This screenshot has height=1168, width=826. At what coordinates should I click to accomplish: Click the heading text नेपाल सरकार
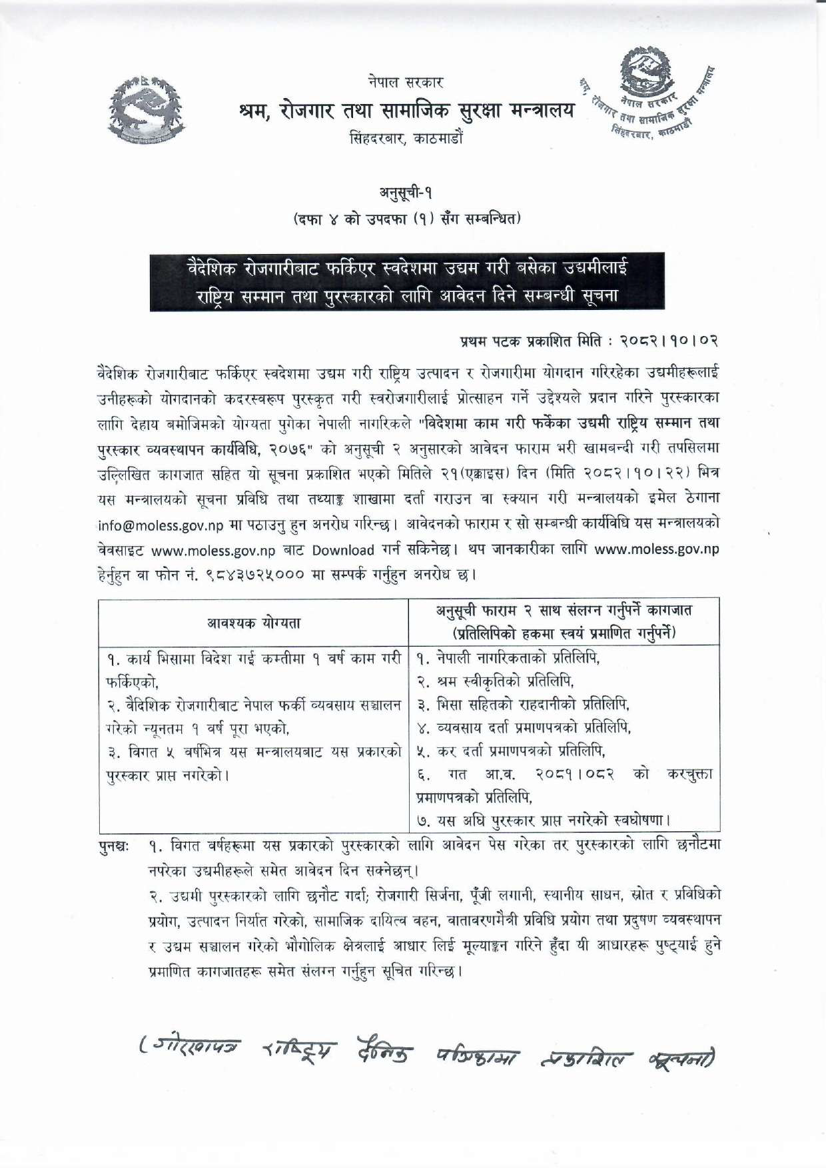pos(405,83)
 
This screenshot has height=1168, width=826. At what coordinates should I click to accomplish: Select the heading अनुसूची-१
pos(406,193)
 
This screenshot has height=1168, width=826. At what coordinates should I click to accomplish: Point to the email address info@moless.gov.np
pos(161,525)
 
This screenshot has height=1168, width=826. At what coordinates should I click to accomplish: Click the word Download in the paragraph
pos(343,550)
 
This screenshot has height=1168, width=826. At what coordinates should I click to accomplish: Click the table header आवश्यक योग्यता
pos(253,623)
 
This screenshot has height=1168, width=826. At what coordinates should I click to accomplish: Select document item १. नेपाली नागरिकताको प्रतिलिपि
pos(508,659)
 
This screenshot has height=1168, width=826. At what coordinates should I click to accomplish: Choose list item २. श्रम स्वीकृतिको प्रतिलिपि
pos(495,681)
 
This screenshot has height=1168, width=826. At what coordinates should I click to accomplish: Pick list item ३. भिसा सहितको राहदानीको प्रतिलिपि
pos(523,704)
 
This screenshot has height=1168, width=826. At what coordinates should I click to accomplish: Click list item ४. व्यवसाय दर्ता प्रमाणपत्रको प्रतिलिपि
pos(524,727)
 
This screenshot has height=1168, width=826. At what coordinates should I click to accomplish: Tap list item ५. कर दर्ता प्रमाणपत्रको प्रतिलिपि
pos(511,751)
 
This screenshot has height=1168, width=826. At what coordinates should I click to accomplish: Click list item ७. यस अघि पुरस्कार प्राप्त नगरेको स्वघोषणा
pos(544,820)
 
